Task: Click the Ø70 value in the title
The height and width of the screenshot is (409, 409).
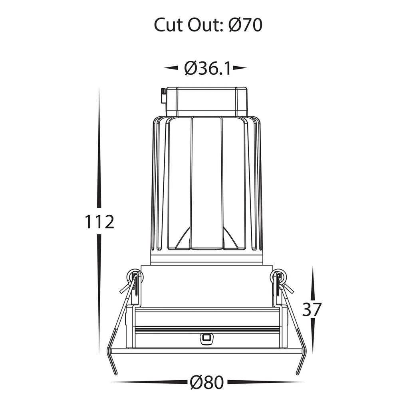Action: (246, 25)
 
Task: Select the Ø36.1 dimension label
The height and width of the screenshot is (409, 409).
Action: (208, 68)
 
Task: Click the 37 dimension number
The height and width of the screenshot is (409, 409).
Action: (312, 310)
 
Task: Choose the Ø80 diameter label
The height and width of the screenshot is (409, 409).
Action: (207, 382)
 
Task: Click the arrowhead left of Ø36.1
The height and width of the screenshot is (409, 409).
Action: (171, 68)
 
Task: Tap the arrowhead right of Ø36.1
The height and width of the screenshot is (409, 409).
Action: (240, 68)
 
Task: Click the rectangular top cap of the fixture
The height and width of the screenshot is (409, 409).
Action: (207, 101)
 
